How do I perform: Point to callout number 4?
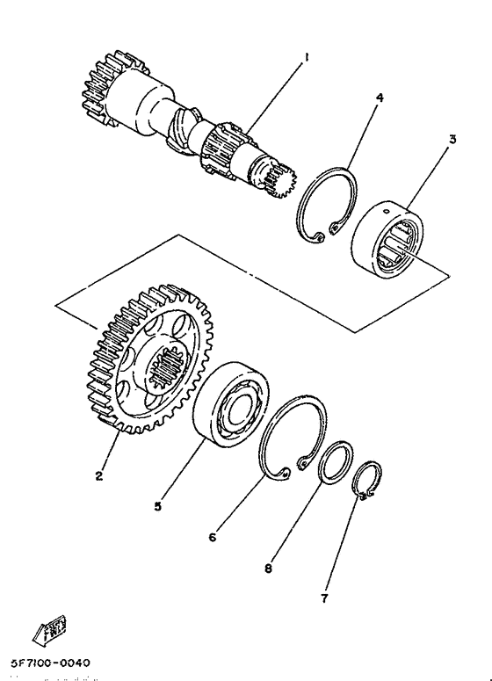point(380,99)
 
